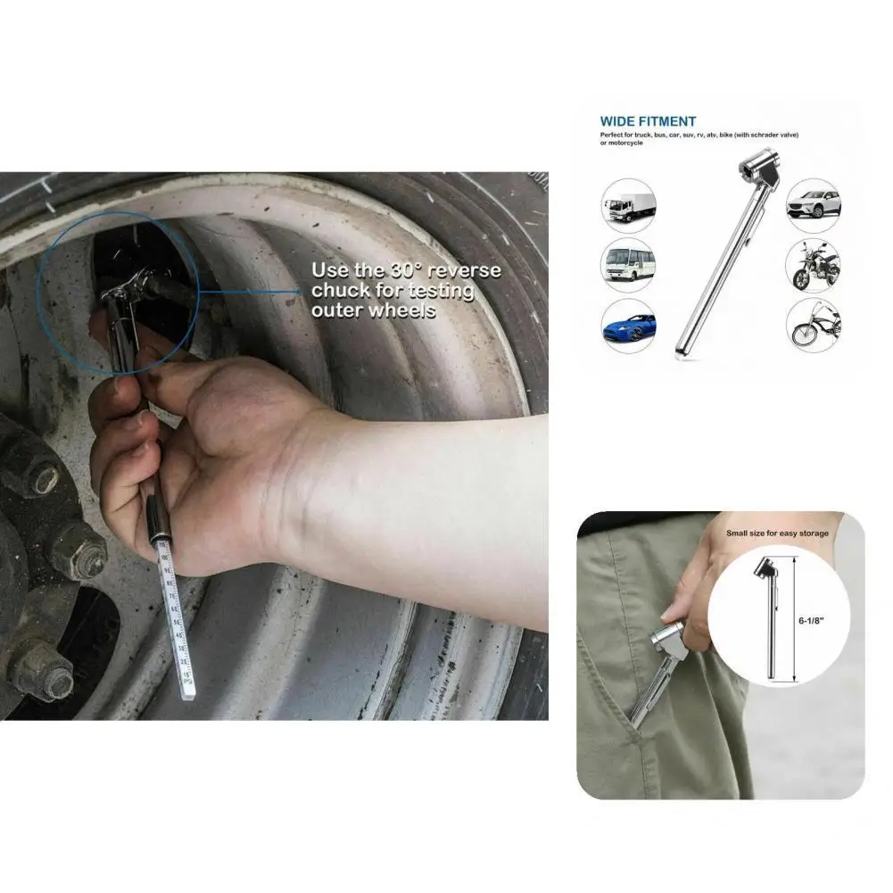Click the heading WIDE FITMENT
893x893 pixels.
pos(648,120)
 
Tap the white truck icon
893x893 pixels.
pos(626,206)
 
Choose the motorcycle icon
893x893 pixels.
pos(813,265)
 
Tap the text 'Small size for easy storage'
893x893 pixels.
pos(777,533)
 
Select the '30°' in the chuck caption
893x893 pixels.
pos(405,270)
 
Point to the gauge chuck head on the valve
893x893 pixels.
pos(129,290)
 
